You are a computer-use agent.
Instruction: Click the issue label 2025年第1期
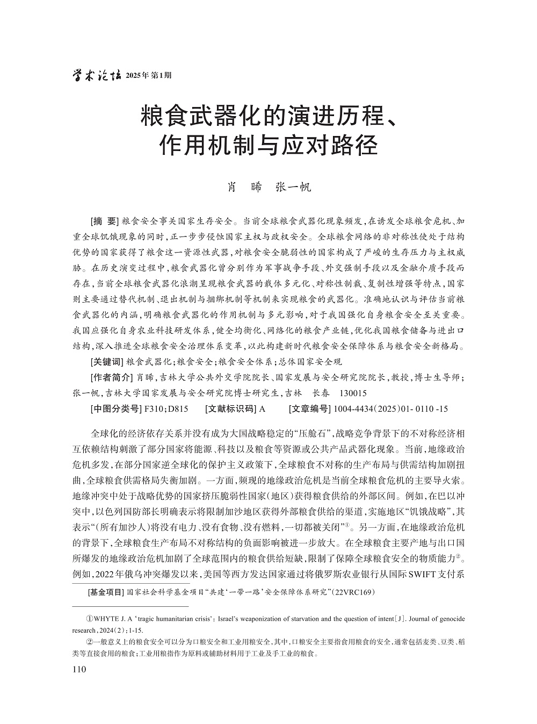(x=148, y=76)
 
